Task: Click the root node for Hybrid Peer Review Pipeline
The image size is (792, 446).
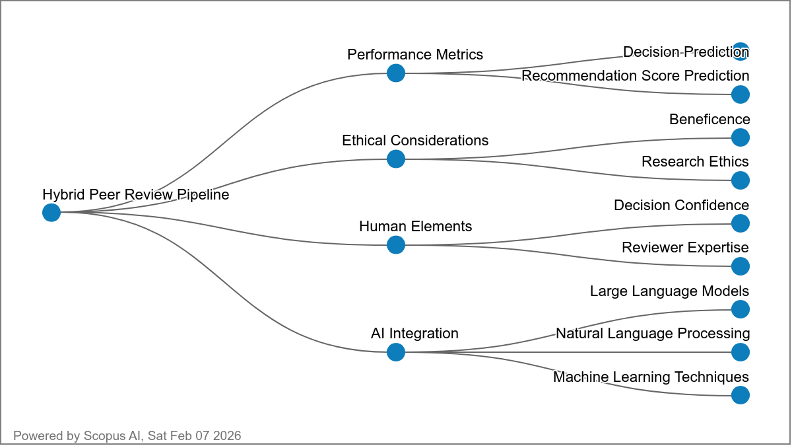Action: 51,213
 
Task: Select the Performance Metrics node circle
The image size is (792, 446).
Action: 395,73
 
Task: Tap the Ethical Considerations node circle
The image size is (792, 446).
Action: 395,159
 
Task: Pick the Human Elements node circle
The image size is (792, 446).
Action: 395,245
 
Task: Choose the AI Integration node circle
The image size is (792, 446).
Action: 395,352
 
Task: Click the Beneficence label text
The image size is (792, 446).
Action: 709,120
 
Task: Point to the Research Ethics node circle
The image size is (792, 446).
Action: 741,180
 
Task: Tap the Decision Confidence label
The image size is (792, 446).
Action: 681,205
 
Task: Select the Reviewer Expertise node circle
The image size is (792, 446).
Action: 741,266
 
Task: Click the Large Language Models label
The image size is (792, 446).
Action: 669,291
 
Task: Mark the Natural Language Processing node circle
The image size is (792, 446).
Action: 741,352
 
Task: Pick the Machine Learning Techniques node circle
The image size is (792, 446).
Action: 741,395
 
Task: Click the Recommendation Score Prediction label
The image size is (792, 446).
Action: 635,76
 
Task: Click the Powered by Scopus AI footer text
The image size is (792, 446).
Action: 127,436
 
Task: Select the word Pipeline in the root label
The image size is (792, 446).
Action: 202,195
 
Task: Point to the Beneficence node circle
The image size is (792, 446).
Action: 741,137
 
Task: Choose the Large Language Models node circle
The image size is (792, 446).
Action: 741,309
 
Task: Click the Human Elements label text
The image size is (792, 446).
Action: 415,227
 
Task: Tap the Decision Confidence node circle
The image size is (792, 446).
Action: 741,223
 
